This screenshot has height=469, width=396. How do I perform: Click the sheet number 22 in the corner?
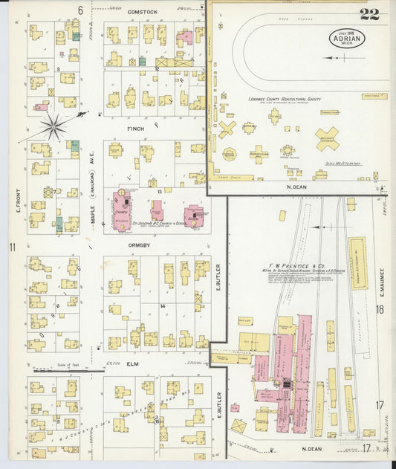369,13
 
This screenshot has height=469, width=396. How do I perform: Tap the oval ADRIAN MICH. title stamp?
347,37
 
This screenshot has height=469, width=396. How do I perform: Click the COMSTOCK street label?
143,13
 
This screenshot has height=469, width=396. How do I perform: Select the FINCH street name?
135,129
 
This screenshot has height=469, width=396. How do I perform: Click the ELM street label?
133,363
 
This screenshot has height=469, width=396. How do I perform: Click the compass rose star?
53,126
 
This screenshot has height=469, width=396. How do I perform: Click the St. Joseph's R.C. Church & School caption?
156,222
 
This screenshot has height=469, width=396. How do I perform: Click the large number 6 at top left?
80,10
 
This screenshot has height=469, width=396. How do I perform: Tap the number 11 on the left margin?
12,247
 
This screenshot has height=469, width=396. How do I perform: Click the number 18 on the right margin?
380,309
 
